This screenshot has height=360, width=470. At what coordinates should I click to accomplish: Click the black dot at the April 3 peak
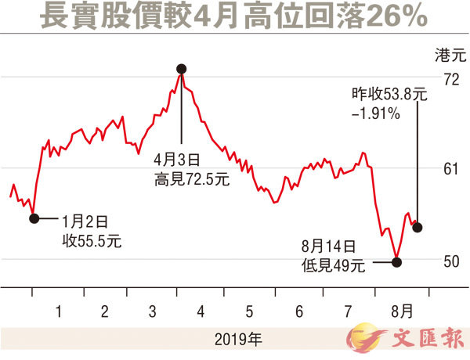(182, 69)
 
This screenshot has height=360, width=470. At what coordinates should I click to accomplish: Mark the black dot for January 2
(34, 218)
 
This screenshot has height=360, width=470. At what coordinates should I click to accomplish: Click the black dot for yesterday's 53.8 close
(418, 227)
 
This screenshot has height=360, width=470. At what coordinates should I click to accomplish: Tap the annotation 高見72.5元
(191, 179)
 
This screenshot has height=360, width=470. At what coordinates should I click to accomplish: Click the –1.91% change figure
(377, 113)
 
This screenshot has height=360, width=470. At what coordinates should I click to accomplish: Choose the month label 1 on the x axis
(58, 311)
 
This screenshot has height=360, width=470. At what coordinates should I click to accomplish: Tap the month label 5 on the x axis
(250, 311)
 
